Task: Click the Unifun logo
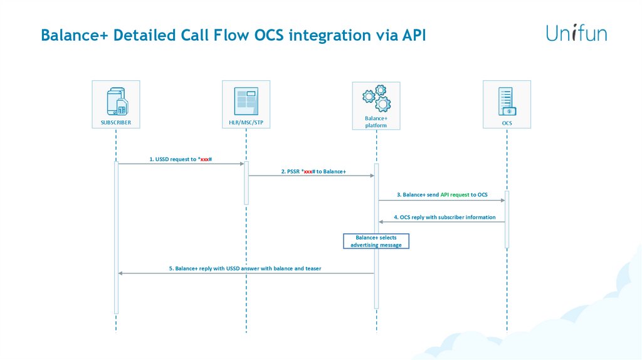pos(576,33)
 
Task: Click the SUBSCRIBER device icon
pos(116,100)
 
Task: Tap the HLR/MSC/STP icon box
pos(246,100)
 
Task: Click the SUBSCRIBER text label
pos(116,123)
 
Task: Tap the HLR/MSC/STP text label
pos(246,123)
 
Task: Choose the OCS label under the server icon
pos(507,124)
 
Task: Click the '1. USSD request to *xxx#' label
pos(181,159)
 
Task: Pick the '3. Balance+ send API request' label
pos(442,195)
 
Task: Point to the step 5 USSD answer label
pos(245,268)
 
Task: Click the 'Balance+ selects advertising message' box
pos(376,241)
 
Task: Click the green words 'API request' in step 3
pos(455,195)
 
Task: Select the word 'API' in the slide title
pos(411,35)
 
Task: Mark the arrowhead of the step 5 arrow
pos(120,273)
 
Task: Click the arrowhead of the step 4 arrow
pos(381,222)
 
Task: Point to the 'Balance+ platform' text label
pos(376,122)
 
